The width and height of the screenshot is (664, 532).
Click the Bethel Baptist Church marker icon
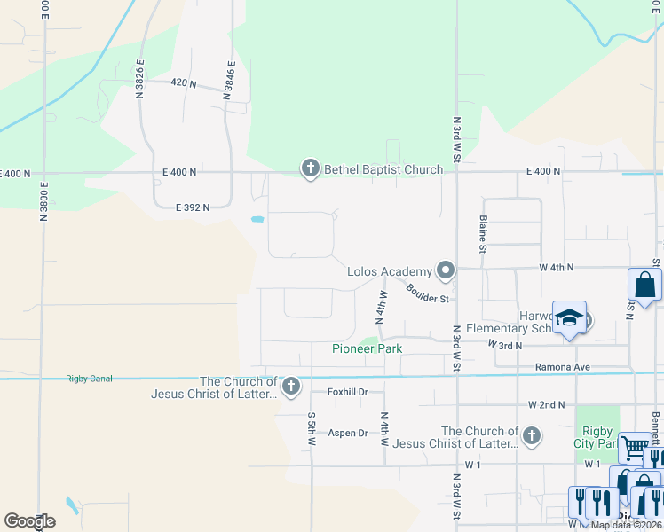point(310,168)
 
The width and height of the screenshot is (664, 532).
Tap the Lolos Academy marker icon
point(446,270)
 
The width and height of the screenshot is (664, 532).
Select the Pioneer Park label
point(368,348)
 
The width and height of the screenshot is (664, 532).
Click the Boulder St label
point(428,293)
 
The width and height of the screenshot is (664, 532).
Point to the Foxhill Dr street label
point(347,391)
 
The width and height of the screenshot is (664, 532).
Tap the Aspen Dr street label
point(348,433)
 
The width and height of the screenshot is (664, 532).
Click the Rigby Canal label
point(89,379)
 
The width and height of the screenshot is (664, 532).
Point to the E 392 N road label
point(192,207)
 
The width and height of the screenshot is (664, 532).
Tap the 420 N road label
point(183,82)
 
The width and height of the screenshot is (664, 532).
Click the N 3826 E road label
point(139,79)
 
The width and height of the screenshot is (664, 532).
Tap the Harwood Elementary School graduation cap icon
point(568,317)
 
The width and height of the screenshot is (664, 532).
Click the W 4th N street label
point(557,267)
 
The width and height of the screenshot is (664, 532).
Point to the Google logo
point(29,521)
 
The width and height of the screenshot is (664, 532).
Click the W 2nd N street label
point(546,404)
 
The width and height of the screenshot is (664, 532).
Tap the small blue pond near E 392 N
point(257,218)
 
